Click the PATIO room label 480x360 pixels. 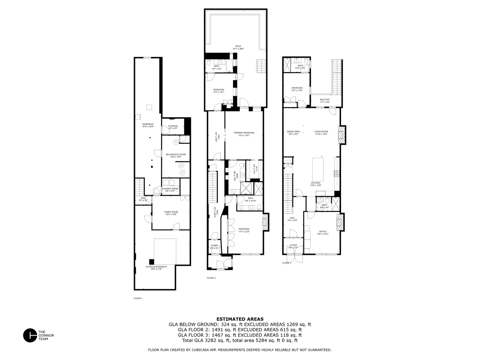click(x=238, y=46)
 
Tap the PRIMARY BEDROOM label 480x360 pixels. click(x=244, y=133)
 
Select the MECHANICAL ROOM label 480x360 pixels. click(x=176, y=154)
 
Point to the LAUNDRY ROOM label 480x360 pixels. click(x=170, y=189)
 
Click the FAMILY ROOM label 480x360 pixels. click(x=171, y=212)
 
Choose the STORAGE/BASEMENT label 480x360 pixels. click(x=156, y=267)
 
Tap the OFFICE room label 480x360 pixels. click(x=323, y=231)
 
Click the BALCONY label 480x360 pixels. click(x=325, y=100)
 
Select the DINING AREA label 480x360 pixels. click(x=293, y=131)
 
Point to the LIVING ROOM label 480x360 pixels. click(x=321, y=131)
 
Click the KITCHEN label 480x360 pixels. click(x=315, y=183)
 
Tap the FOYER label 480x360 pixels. click(x=293, y=245)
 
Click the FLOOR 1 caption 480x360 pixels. click(x=138, y=298)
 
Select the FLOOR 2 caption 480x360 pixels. click(x=211, y=278)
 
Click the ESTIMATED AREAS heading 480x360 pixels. click(x=240, y=319)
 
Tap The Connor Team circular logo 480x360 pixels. click(x=30, y=336)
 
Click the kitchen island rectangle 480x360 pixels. click(x=318, y=168)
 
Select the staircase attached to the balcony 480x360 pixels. click(x=336, y=76)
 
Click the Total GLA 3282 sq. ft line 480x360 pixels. click(x=240, y=340)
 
